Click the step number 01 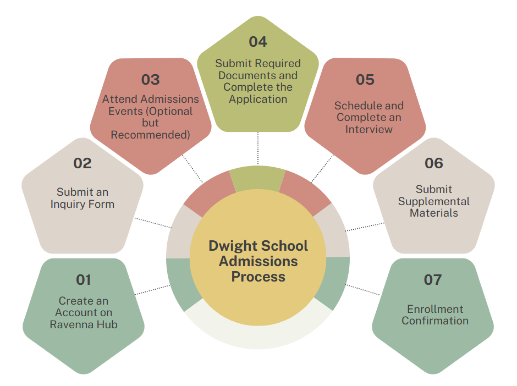[83, 280]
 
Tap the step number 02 [82, 163]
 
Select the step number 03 [150, 80]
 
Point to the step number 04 [257, 42]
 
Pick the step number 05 [365, 80]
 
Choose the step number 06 [433, 163]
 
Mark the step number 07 [433, 280]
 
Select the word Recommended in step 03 [150, 135]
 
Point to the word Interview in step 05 [369, 129]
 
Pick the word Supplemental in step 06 [434, 201]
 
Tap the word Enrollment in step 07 [435, 309]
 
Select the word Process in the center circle [258, 276]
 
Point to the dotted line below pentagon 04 [257, 148]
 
